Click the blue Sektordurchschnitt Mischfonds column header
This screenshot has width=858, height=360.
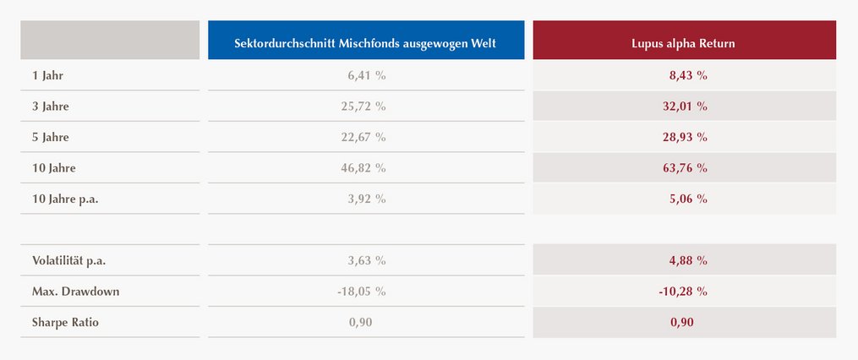(365, 40)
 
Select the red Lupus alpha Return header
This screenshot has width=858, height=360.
(684, 40)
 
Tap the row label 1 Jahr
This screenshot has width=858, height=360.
(47, 75)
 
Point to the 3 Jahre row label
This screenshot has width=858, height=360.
(51, 106)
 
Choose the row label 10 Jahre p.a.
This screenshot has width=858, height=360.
(65, 199)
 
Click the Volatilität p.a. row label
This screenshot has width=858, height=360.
(69, 261)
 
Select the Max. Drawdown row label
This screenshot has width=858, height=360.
(75, 292)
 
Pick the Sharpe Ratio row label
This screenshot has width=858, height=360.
(66, 323)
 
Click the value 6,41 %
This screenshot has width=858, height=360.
(367, 75)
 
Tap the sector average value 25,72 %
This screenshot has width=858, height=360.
(363, 106)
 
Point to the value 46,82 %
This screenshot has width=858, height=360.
(363, 168)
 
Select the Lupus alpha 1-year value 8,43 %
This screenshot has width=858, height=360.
(688, 75)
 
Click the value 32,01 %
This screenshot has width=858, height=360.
(685, 106)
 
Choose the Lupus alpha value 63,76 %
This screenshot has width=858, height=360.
(685, 168)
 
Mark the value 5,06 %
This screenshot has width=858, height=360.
(688, 199)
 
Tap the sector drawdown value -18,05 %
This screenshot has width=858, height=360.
(362, 292)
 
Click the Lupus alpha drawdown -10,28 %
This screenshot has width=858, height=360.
(684, 292)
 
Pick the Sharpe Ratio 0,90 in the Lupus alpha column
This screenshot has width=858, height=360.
(682, 323)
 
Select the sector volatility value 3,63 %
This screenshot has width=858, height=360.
(367, 261)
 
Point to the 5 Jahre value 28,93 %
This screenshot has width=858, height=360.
(685, 137)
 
